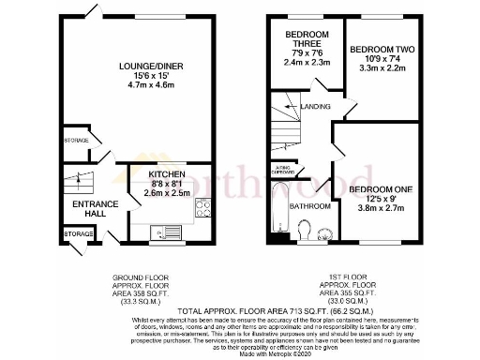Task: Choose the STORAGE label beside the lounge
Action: click(76, 141)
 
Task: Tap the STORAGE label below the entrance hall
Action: click(78, 232)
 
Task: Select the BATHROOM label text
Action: click(310, 206)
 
